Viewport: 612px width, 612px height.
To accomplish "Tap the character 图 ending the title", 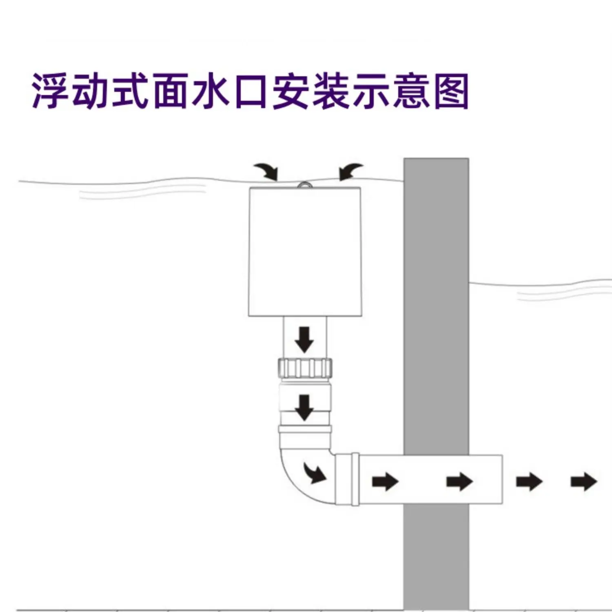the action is tap(450, 91).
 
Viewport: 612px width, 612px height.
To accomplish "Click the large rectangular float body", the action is tap(305, 251).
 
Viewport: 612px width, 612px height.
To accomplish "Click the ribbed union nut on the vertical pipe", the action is tap(305, 368).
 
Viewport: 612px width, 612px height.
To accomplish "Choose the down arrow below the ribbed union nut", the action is tap(304, 407).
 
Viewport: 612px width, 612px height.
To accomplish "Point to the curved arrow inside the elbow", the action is tap(315, 472).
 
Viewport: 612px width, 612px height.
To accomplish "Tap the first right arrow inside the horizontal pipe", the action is tap(385, 482).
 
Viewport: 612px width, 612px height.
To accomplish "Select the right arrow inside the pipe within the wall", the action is tap(459, 482).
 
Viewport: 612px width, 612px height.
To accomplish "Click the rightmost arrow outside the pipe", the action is tap(583, 482).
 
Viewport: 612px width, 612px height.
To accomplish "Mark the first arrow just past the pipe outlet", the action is tap(529, 482).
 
